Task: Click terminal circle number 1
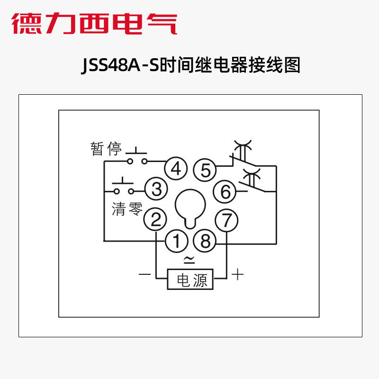point(176,242)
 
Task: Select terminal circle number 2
point(156,219)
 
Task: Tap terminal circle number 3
point(156,189)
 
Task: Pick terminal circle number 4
point(176,169)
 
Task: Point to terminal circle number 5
point(205,170)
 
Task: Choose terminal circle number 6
point(226,192)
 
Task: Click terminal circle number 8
point(205,242)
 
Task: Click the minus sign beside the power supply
point(144,274)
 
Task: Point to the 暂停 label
point(106,149)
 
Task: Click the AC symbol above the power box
point(189,259)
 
